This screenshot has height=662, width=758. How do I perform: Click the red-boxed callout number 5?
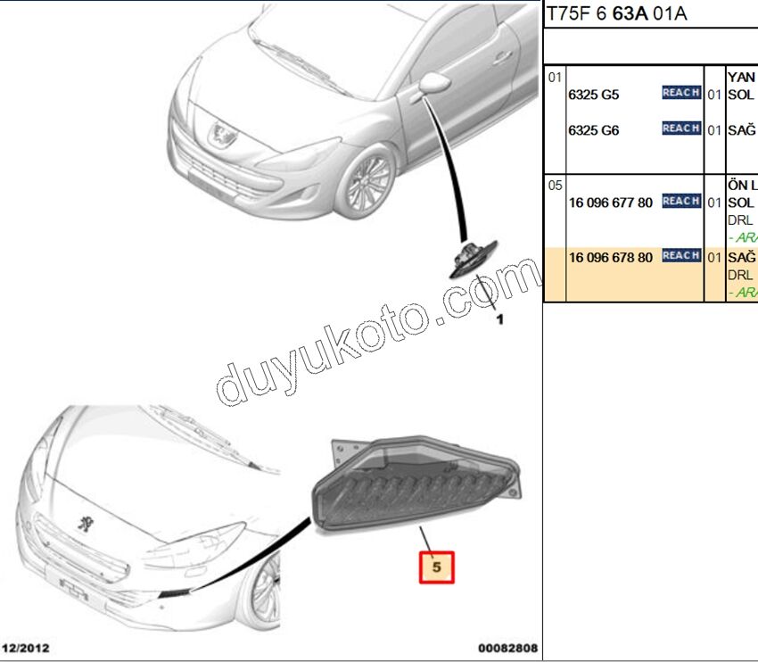437,566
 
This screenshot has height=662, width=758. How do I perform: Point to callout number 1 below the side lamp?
499,319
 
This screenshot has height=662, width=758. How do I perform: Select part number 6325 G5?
594,95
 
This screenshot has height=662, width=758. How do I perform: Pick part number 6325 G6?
594,130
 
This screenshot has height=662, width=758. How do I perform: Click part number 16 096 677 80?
611,203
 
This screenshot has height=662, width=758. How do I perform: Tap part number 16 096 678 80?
611,257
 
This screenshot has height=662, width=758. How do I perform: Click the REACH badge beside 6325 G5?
680,93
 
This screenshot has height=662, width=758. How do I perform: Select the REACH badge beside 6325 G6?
680,128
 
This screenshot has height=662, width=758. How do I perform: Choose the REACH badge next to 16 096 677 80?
680,201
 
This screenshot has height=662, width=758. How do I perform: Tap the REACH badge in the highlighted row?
680,255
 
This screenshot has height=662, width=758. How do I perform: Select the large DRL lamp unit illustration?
414,486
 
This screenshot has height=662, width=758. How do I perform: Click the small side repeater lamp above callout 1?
473,258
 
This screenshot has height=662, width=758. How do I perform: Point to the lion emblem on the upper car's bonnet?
218,136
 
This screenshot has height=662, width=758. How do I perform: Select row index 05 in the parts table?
555,186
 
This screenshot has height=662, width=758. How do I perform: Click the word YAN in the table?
742,78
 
